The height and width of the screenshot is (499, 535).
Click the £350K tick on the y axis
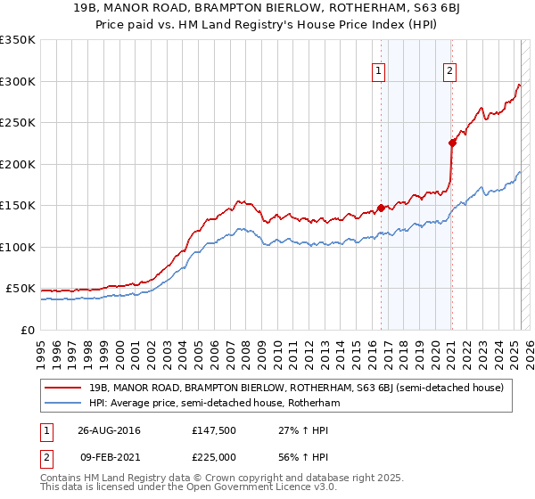click(x=18, y=40)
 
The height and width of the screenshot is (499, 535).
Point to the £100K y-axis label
click(x=18, y=247)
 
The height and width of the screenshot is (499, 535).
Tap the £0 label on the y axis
click(x=29, y=330)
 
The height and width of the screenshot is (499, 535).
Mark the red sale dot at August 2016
click(x=381, y=208)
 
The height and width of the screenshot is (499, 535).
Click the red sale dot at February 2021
click(x=452, y=143)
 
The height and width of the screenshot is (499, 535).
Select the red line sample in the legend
click(x=64, y=388)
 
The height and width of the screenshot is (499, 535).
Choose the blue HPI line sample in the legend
click(x=64, y=403)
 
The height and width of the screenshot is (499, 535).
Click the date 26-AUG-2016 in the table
click(x=115, y=431)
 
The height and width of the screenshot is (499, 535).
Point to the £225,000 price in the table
click(x=213, y=456)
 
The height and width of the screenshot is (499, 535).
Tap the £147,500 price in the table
click(x=213, y=431)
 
